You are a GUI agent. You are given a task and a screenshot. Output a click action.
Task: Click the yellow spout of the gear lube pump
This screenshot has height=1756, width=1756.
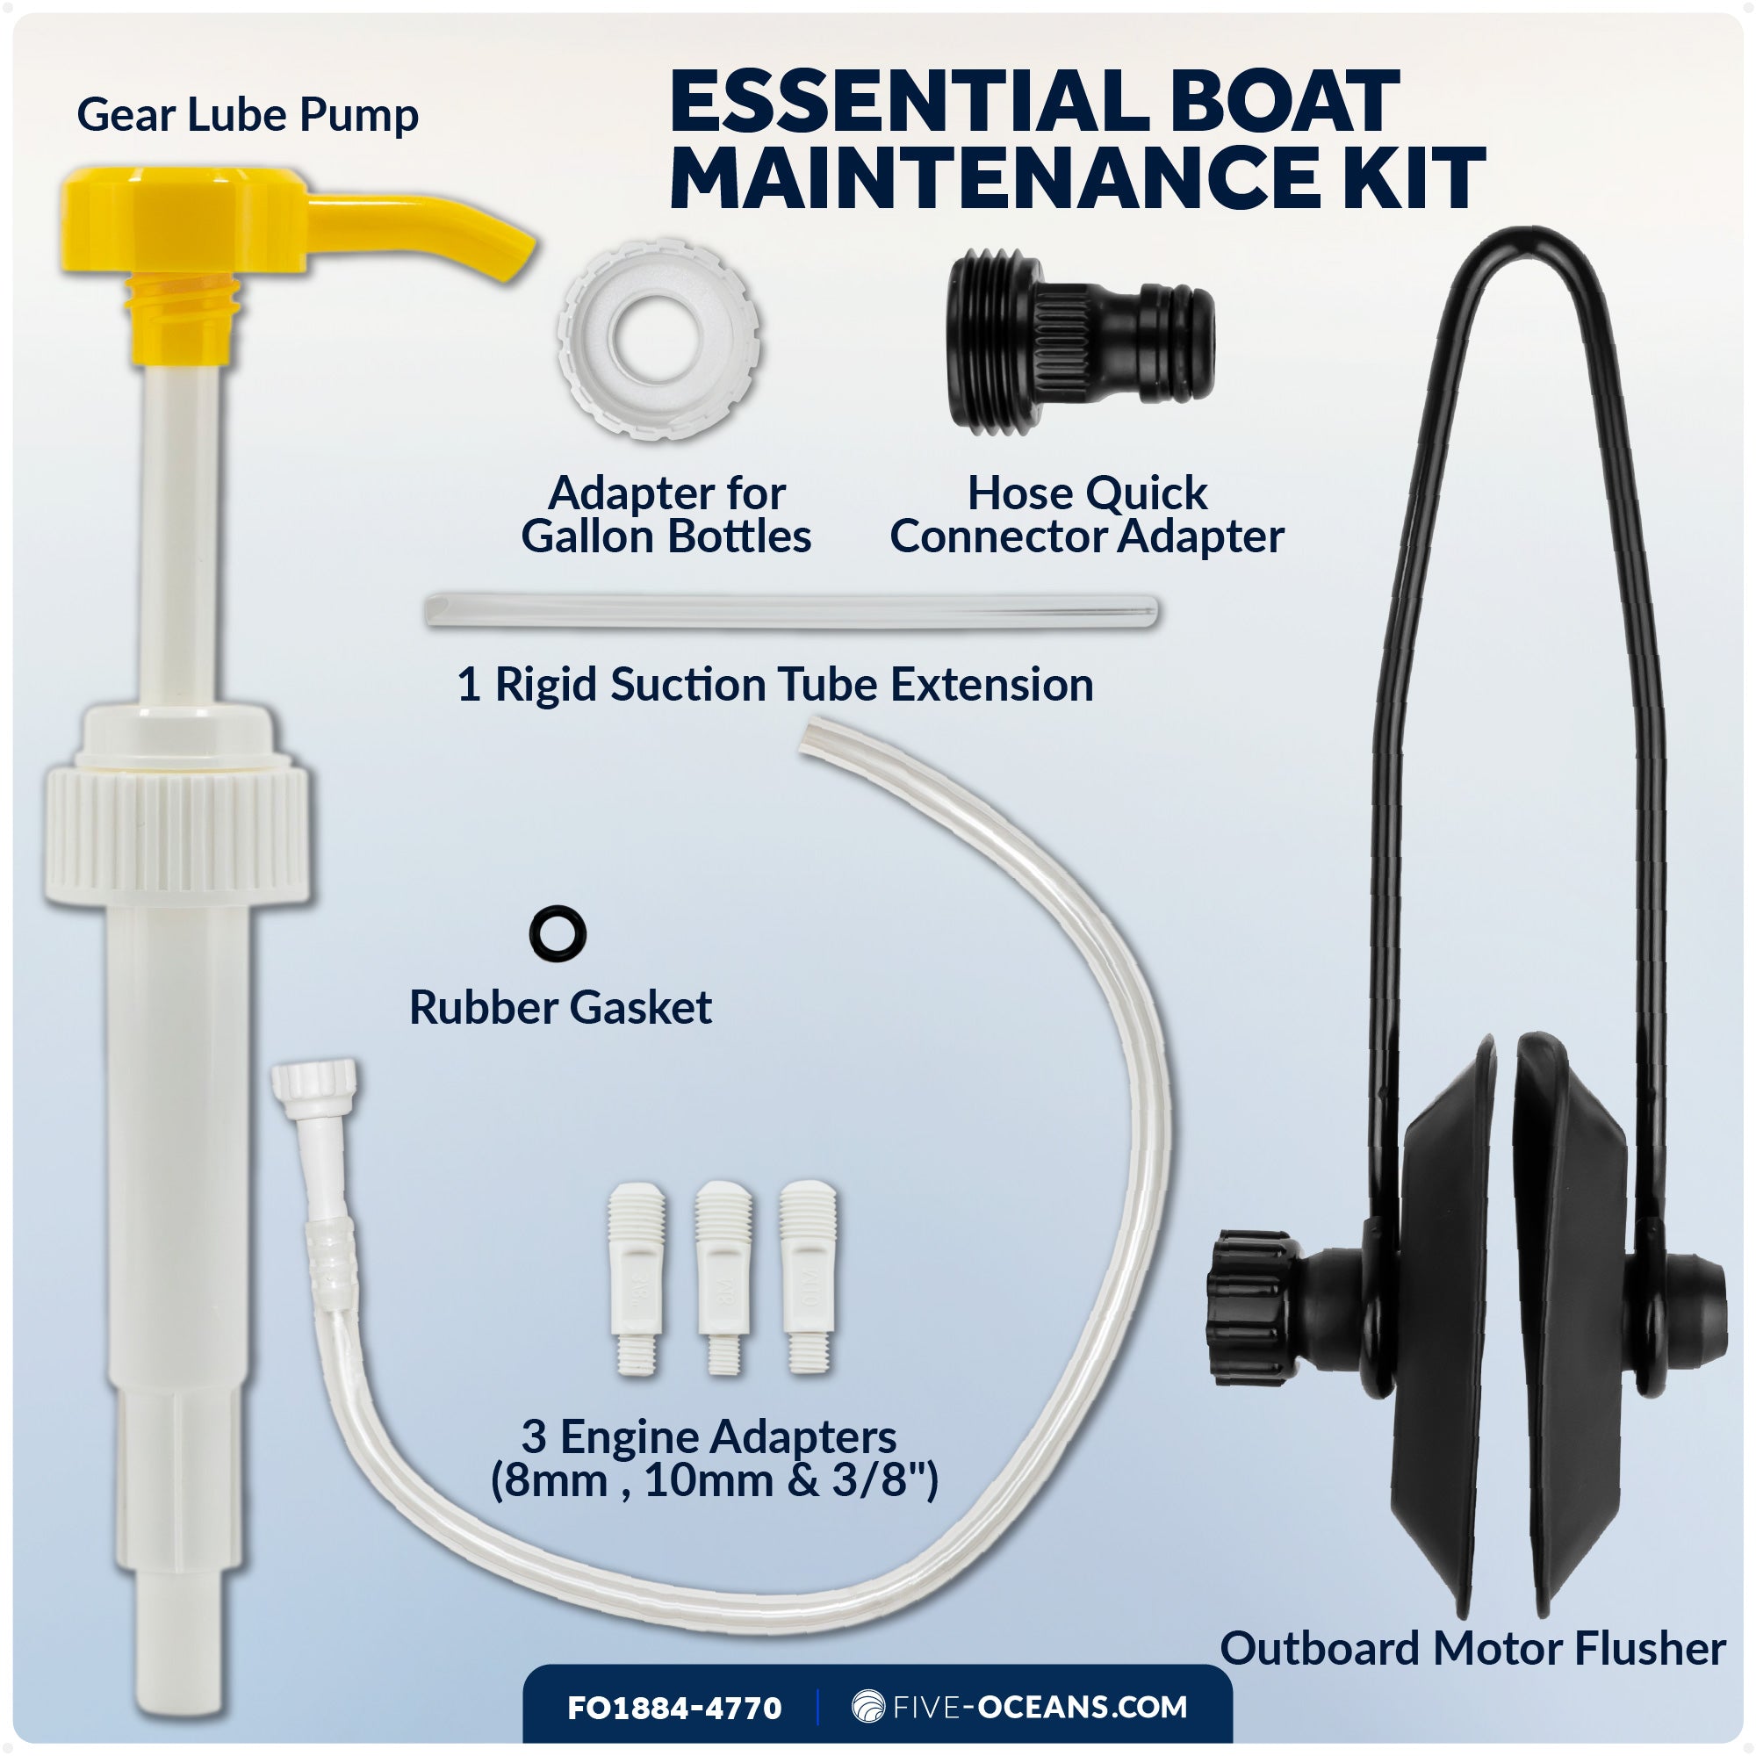click(x=428, y=227)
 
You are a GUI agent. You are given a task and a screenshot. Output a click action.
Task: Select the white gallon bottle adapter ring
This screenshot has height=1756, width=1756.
click(x=659, y=340)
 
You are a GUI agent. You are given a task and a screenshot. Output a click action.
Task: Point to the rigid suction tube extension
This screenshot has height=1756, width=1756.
click(x=791, y=612)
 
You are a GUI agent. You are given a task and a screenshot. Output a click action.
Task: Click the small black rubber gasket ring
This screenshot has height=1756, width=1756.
click(x=558, y=933)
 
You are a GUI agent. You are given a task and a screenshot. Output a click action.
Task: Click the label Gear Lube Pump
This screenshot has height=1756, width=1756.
click(x=248, y=115)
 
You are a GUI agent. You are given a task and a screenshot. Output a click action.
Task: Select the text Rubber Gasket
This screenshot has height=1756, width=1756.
click(x=560, y=1008)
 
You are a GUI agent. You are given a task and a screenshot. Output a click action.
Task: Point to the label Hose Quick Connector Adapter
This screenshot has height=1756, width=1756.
click(x=1087, y=515)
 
